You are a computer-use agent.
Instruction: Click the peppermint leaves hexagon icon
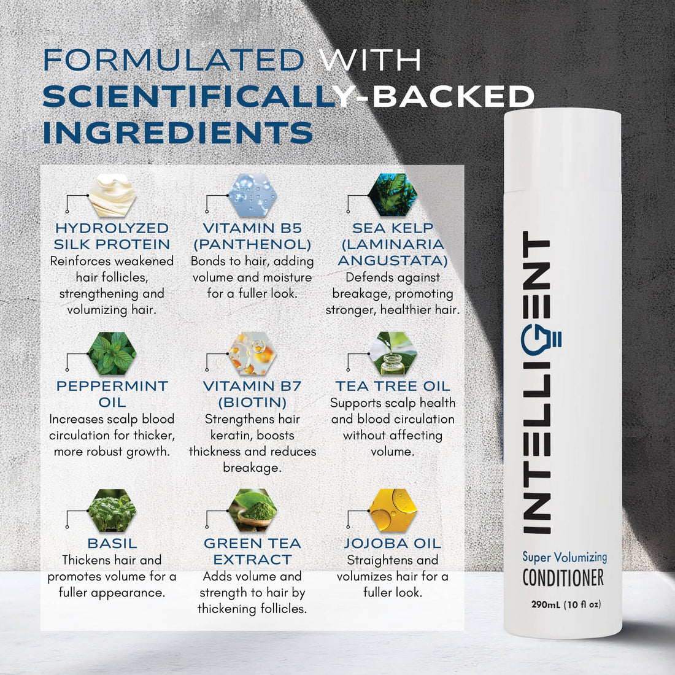point(112,353)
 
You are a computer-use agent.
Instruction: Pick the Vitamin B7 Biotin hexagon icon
point(252,353)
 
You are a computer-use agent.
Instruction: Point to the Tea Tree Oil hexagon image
point(393,353)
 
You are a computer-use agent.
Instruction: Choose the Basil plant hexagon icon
point(112,510)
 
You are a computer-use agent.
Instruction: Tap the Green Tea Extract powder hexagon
point(252,510)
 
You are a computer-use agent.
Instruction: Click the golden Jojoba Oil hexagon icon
point(393,510)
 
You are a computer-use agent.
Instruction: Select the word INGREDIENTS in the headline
point(178,133)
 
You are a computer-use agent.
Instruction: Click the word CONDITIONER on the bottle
point(563,577)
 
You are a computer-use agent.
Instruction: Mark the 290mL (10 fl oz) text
point(566,604)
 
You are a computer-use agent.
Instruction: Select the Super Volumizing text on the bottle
point(565,557)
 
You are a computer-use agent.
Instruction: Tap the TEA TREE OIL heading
point(393,386)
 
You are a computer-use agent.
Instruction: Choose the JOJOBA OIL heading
point(393,544)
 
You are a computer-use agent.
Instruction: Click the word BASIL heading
point(112,544)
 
